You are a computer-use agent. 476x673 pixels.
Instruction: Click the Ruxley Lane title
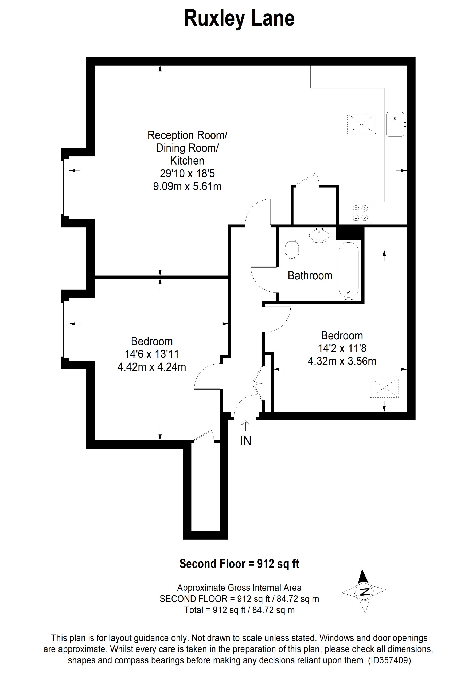click(239, 18)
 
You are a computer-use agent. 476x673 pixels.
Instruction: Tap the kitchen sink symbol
click(395, 124)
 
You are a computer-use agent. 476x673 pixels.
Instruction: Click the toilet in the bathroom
click(292, 249)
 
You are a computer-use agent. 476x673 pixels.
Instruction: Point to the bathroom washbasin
click(319, 235)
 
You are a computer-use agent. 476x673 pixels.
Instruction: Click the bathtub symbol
click(349, 269)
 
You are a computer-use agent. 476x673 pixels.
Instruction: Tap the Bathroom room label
click(310, 276)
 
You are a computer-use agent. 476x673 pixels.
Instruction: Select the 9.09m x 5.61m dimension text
click(187, 186)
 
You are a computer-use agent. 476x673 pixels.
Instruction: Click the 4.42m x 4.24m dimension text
click(151, 367)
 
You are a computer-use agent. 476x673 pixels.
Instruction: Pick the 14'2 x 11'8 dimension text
click(342, 348)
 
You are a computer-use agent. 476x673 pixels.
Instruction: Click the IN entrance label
click(246, 441)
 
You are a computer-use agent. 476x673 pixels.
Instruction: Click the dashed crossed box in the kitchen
click(361, 124)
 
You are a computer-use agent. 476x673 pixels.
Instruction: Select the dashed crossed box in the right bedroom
click(384, 388)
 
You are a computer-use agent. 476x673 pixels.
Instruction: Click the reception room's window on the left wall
click(63, 187)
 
